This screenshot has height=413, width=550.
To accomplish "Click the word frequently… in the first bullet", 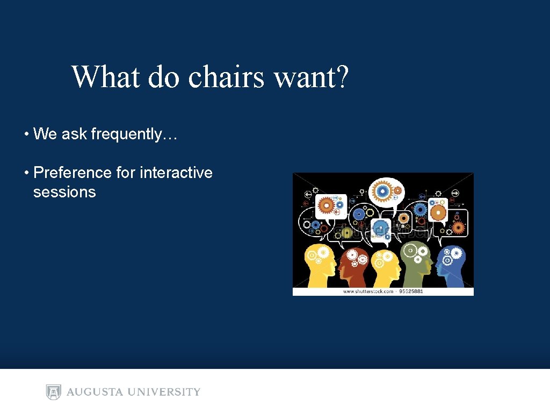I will click(134, 134).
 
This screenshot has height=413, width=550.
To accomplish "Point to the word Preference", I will click(73, 173).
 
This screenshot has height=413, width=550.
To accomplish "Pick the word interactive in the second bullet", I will click(176, 173).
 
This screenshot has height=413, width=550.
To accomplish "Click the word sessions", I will click(64, 192).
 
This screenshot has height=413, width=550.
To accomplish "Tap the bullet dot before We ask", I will click(26, 134).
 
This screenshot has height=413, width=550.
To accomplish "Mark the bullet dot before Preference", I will click(26, 173).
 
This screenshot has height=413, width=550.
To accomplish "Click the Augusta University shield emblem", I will click(53, 392).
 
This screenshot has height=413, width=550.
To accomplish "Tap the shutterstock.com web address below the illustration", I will click(368, 291).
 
